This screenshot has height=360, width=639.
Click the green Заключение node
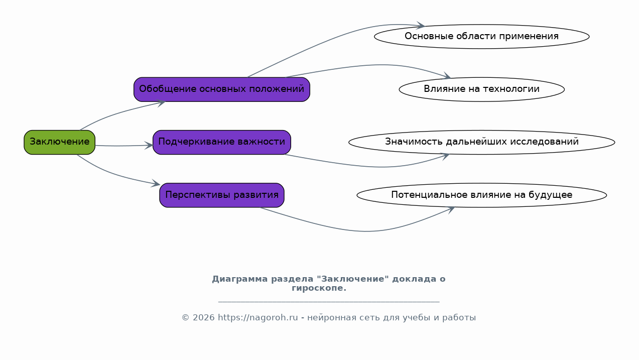59,143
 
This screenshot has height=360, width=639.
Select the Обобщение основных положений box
222,89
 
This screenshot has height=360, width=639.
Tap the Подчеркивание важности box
222,143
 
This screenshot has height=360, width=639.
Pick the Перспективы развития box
222,195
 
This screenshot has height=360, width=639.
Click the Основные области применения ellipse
481,37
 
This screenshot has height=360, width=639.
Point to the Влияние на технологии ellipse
481,89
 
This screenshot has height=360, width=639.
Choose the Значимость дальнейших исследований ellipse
481,143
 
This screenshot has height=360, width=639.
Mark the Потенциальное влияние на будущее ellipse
481,195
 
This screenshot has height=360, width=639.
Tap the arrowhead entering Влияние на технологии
447,76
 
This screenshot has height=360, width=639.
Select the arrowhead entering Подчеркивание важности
150,146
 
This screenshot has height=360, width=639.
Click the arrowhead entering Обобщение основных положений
162,102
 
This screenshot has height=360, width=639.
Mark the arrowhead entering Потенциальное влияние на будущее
451,210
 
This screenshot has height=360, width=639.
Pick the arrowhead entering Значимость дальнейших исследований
446,156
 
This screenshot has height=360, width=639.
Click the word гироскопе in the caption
319,288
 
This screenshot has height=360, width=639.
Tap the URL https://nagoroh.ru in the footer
258,317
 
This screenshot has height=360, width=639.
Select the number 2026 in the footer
204,317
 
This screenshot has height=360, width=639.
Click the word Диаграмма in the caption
240,279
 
